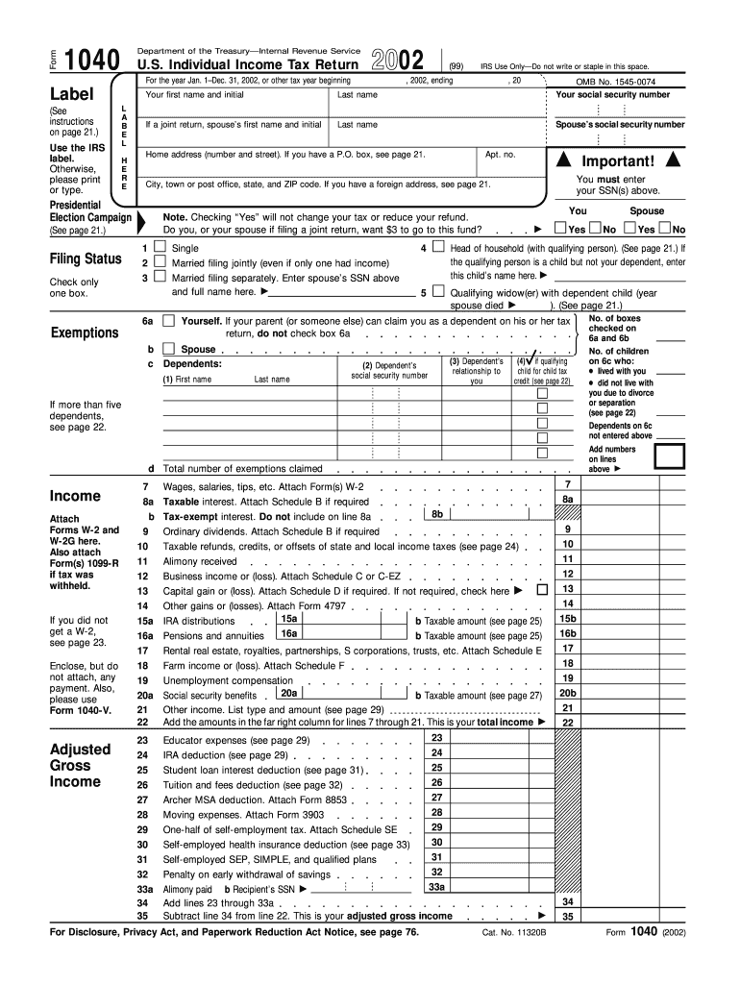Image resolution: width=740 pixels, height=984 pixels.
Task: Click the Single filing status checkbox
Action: (x=160, y=247)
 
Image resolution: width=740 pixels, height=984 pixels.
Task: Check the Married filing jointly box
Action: (x=160, y=262)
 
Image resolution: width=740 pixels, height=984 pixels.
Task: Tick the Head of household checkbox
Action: (x=438, y=247)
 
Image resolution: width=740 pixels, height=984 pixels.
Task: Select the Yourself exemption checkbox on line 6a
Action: (x=168, y=320)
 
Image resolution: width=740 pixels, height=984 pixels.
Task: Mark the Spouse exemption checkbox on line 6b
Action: (x=168, y=349)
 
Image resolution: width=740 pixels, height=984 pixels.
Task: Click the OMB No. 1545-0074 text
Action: (x=615, y=83)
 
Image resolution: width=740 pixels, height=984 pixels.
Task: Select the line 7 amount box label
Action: (x=568, y=484)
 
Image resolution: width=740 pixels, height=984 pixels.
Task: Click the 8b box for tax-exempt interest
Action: (x=437, y=515)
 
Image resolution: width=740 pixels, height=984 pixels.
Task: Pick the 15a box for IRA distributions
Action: (x=288, y=619)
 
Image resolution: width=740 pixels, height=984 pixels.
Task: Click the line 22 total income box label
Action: (x=568, y=723)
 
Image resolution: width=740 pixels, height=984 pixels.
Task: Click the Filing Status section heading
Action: (x=86, y=259)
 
